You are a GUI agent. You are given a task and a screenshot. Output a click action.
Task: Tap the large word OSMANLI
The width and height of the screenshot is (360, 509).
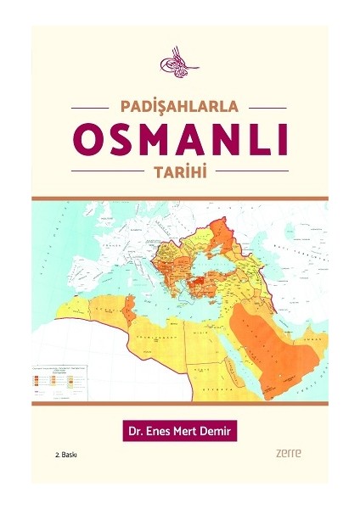179,139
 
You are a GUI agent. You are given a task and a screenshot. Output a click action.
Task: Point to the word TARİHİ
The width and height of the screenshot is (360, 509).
179,170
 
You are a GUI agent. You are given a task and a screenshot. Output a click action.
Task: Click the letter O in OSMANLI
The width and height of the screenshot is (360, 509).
92,139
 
